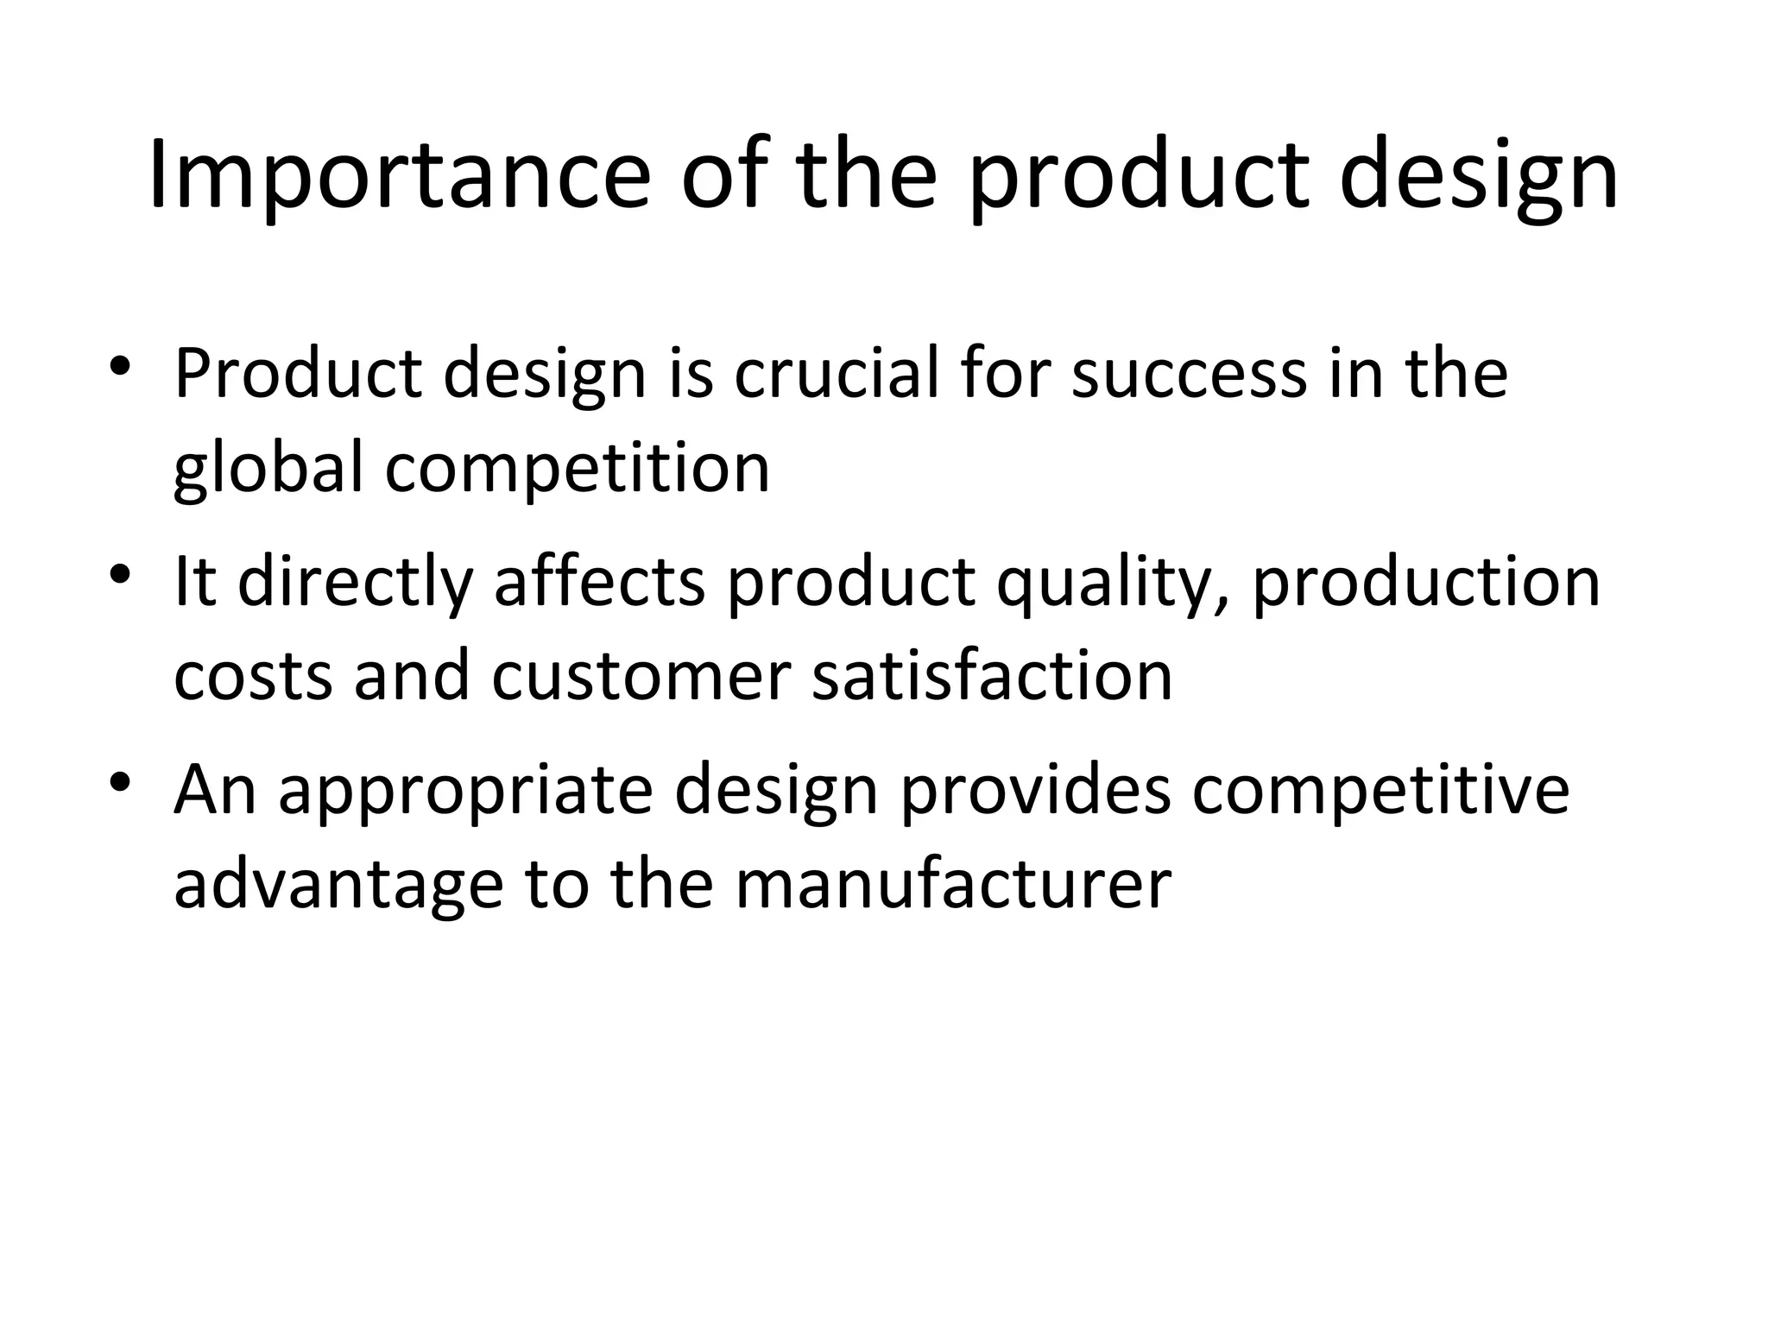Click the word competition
pyautogui.click(x=577, y=470)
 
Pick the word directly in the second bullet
pyautogui.click(x=355, y=583)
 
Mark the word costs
pyautogui.click(x=253, y=676)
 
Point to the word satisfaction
pyautogui.click(x=993, y=676)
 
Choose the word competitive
pyautogui.click(x=1380, y=791)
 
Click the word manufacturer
pyautogui.click(x=953, y=884)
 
